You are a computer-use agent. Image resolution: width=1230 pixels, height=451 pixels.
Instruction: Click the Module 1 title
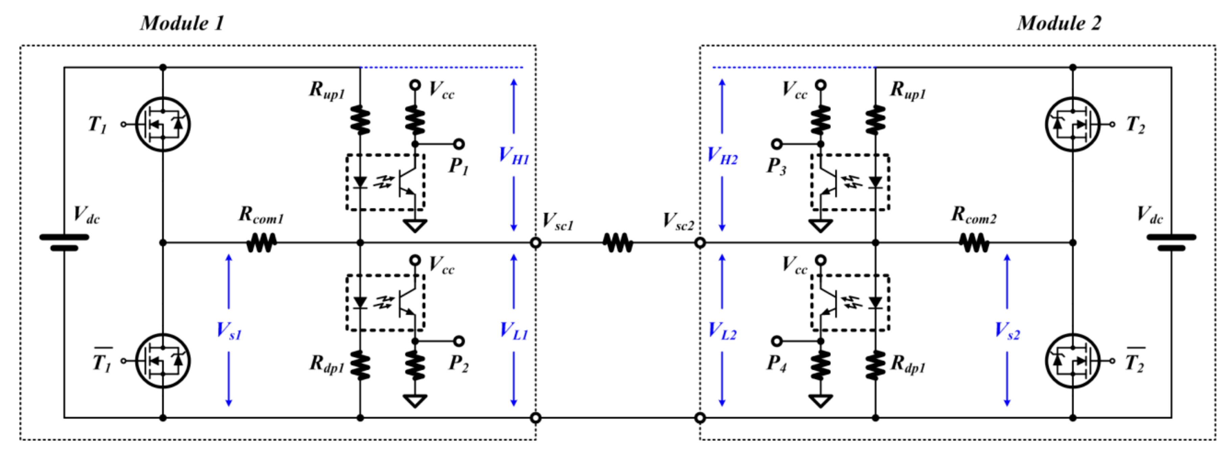pos(182,23)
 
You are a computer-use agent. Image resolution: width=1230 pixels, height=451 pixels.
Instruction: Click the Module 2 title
pos(1059,23)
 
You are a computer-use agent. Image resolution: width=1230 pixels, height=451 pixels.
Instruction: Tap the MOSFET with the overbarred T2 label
pos(1073,361)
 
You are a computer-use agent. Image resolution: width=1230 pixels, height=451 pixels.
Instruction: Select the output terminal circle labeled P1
pos(459,144)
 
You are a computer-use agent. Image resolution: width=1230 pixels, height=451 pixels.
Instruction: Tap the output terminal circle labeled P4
pos(777,341)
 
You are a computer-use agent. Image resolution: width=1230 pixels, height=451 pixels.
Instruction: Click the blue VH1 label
pos(514,156)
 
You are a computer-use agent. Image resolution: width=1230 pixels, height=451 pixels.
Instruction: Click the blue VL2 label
pos(722,330)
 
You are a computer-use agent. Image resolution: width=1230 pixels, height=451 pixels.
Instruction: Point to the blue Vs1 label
pos(229,330)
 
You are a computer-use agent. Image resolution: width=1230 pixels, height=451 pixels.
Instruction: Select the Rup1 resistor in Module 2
pos(875,119)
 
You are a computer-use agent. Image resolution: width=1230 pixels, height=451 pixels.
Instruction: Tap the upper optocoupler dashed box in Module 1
pos(385,182)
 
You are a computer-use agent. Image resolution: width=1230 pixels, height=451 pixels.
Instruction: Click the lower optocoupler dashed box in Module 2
pos(850,302)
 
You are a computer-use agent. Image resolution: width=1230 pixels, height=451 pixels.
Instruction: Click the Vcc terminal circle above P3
pos(820,85)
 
